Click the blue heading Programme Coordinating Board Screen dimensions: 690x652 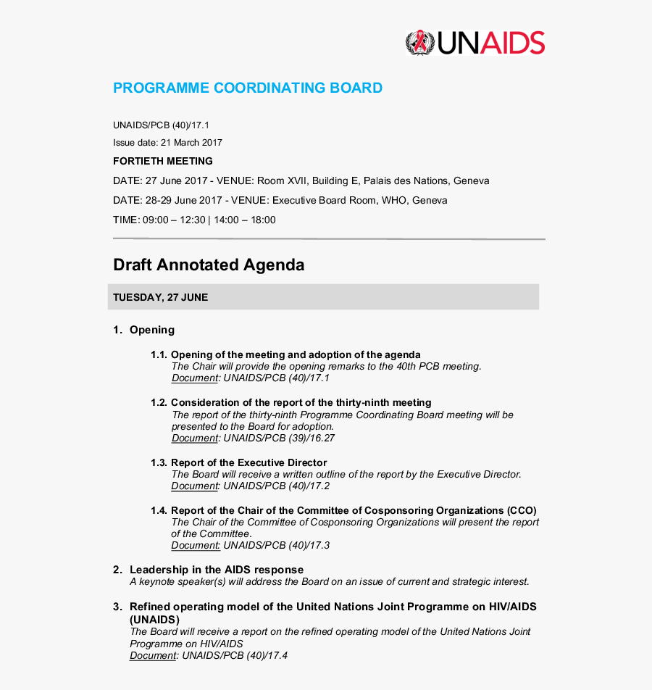pos(248,88)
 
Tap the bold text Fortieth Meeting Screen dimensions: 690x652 pos(163,161)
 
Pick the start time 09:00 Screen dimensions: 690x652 pos(155,220)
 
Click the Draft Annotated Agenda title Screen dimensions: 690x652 pos(209,265)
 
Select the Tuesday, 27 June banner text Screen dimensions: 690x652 pos(160,297)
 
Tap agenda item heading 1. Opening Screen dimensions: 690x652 pos(144,330)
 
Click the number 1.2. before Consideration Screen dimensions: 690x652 pos(159,402)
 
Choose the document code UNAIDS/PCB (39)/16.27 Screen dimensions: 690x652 pos(279,438)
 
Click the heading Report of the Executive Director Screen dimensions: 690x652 pos(248,462)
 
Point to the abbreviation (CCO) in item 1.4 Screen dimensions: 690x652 pos(522,510)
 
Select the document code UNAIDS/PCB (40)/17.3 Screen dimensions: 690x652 pos(276,545)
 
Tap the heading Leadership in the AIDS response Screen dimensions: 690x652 pos(216,570)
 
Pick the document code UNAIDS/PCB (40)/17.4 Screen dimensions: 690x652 pos(235,655)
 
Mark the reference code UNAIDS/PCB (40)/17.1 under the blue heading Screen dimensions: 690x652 pos(161,125)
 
